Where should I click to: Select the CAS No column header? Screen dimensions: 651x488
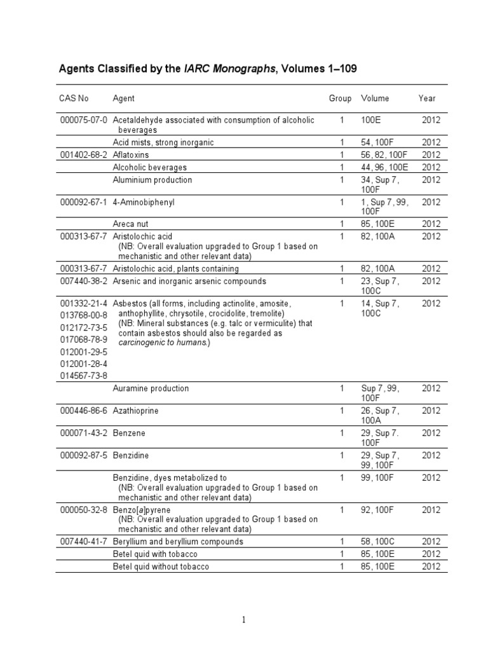(74, 99)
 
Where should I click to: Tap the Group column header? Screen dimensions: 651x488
(340, 99)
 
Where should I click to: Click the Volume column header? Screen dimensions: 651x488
(375, 99)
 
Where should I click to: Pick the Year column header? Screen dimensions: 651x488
(427, 99)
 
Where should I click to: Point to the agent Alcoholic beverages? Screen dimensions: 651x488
(149, 167)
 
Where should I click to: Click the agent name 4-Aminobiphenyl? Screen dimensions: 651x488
(143, 202)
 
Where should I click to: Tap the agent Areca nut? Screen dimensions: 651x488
(131, 224)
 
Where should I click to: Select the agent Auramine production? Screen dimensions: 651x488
(151, 388)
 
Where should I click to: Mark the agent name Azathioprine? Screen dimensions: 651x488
(135, 411)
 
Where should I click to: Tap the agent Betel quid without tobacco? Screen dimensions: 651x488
(161, 566)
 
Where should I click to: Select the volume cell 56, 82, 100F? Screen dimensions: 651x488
(388, 154)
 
